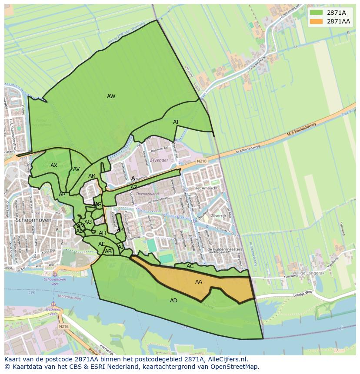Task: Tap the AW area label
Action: [111, 96]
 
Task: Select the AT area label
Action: [176, 122]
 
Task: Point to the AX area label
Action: [54, 165]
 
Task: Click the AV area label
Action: [77, 169]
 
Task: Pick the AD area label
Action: [173, 301]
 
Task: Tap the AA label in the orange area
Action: [199, 282]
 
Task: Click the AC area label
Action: [190, 266]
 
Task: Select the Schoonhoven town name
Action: [33, 220]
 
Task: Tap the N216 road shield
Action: [63, 326]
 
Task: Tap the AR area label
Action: [92, 176]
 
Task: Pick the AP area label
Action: [62, 195]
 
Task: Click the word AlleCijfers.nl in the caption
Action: [227, 359]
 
